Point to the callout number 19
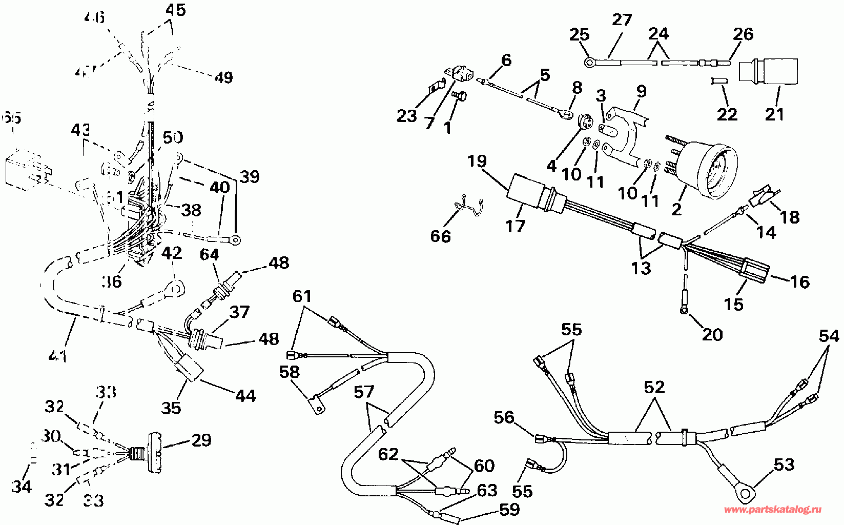point(477,162)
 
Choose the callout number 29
point(200,439)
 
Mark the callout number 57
point(364,393)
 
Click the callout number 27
point(622,21)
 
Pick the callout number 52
point(654,387)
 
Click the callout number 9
point(640,91)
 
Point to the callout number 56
point(504,417)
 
